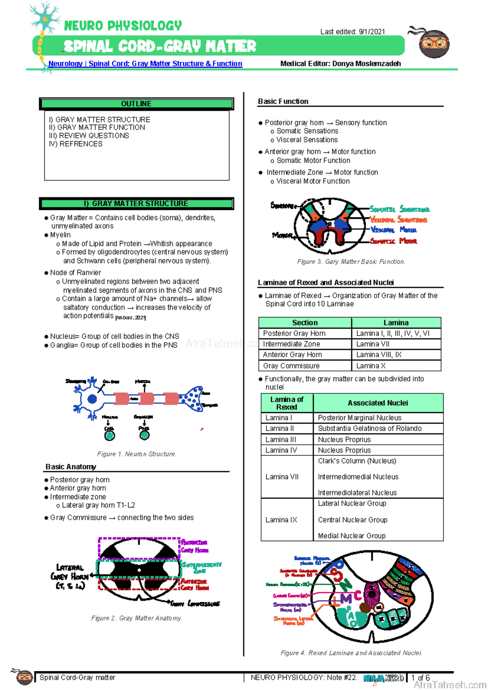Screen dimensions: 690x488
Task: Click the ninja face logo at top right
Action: point(434,43)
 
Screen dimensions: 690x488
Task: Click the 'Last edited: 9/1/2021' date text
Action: point(352,32)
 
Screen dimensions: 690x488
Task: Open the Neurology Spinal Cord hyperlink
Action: point(145,63)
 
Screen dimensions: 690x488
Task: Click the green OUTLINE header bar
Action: point(136,104)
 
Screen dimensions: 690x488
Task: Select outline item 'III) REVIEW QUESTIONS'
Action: point(89,135)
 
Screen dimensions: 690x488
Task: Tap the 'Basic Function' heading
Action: point(283,101)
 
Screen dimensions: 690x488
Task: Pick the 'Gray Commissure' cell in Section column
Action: point(291,366)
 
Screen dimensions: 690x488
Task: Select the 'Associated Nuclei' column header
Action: point(377,403)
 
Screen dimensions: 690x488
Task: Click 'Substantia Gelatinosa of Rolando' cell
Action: point(369,428)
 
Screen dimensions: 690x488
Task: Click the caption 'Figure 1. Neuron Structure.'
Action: point(136,454)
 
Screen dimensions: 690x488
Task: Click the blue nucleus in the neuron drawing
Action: point(92,399)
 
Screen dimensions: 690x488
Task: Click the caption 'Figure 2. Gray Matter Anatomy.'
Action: point(136,618)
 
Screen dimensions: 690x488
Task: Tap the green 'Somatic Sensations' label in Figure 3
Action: point(399,209)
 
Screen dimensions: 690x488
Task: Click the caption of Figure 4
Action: point(351,653)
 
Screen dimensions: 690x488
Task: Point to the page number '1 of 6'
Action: point(420,678)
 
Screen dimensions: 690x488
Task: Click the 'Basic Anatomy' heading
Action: point(71,467)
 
